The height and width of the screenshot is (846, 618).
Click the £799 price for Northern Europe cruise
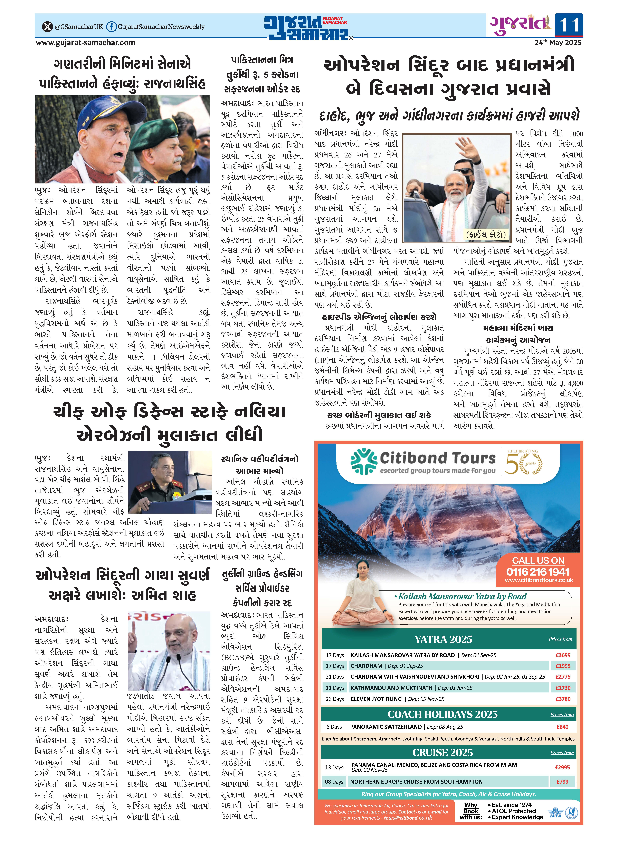point(562,782)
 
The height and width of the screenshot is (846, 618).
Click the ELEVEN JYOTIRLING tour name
point(376,699)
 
